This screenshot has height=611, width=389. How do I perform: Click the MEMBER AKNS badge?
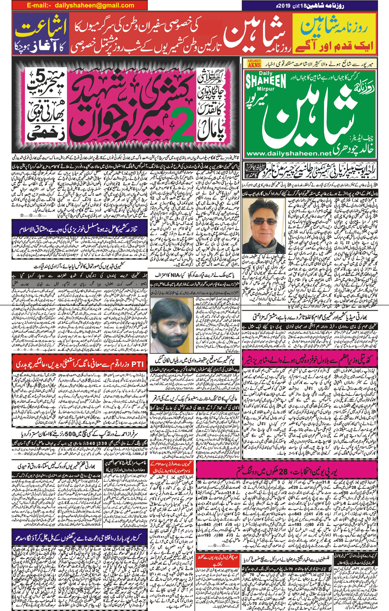click(x=254, y=63)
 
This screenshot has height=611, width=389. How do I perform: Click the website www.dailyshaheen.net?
click(x=289, y=154)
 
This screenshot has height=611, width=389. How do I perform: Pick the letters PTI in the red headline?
click(x=137, y=364)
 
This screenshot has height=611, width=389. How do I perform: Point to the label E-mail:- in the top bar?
click(x=39, y=5)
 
